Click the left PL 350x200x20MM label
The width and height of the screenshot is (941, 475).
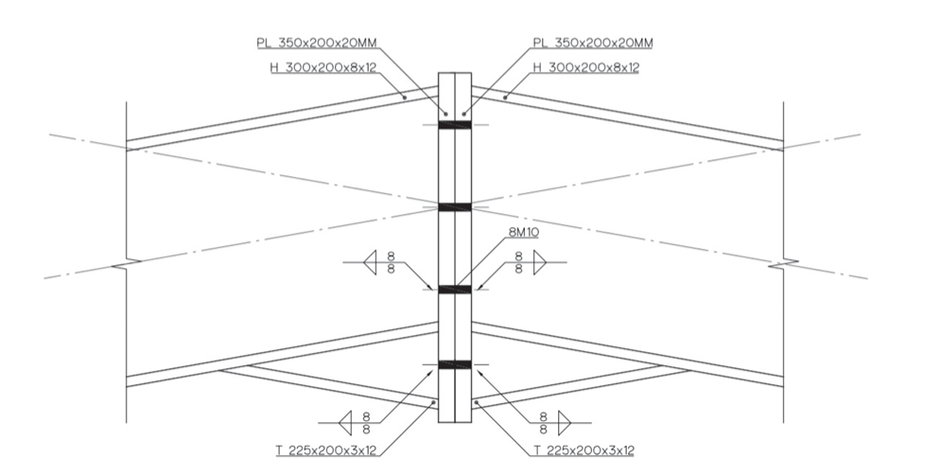tap(317, 44)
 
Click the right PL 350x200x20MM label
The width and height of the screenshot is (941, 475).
tap(593, 44)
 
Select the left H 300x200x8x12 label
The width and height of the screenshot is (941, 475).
tap(322, 68)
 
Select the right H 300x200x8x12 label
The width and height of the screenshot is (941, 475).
tap(586, 68)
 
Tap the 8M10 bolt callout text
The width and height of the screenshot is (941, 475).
tap(523, 233)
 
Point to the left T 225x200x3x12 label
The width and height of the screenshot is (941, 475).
tap(326, 450)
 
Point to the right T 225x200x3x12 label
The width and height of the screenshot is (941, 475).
tap(584, 450)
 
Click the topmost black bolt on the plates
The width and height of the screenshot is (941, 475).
tap(455, 125)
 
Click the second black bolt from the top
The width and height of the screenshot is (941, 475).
tap(455, 207)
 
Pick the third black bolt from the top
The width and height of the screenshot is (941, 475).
tap(455, 290)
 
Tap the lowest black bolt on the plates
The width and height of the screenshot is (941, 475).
tap(455, 364)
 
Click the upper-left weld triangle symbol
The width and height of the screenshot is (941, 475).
tap(371, 262)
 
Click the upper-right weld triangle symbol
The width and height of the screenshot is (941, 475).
tap(540, 262)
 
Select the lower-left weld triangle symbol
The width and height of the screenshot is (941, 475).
tap(345, 423)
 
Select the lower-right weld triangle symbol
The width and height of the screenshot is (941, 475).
tap(564, 423)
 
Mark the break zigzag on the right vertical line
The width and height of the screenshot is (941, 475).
tap(784, 262)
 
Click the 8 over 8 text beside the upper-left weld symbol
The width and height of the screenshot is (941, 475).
tap(392, 263)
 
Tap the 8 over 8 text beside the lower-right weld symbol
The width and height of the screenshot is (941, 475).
tap(543, 423)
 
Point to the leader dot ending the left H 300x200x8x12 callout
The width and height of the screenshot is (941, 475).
tap(405, 97)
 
